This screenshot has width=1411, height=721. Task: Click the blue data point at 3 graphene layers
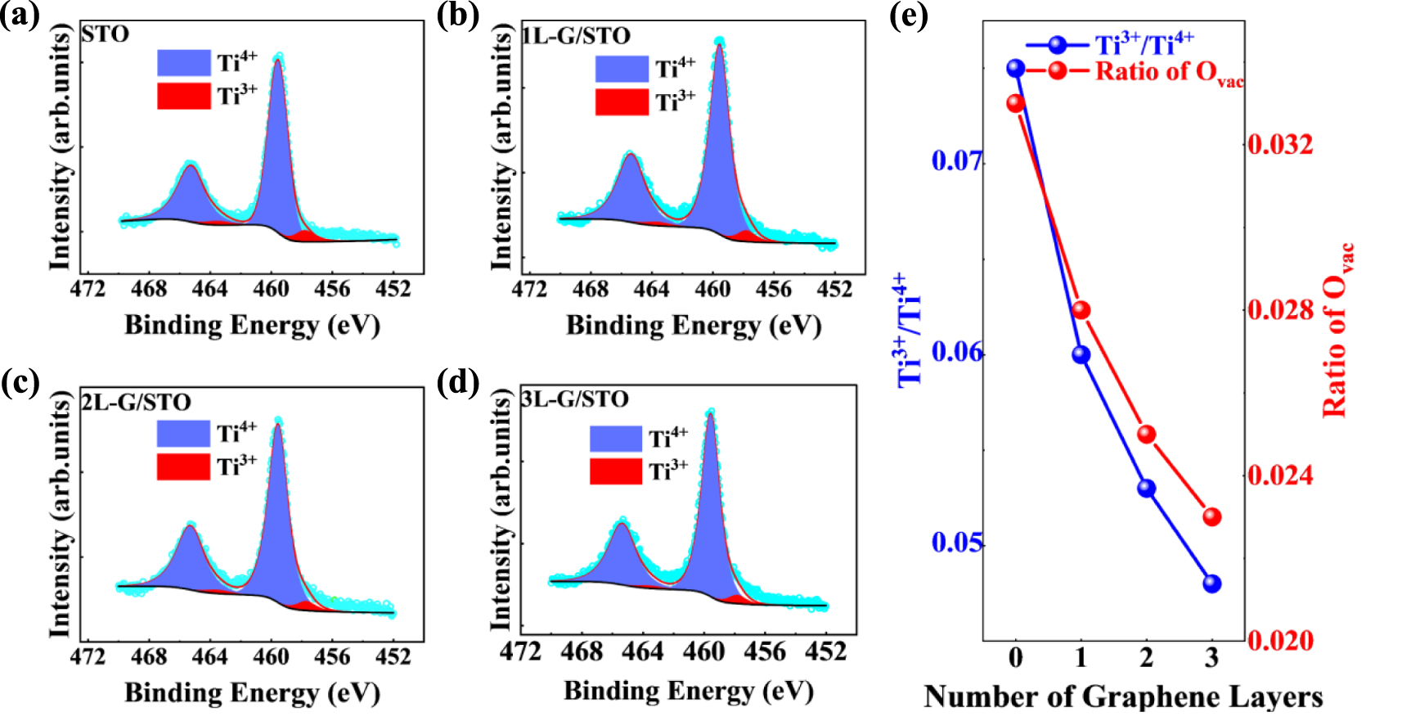pos(1211,584)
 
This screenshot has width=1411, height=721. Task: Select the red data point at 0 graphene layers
pos(1016,103)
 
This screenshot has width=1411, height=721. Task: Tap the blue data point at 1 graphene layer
pos(1081,354)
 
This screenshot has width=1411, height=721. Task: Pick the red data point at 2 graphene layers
pos(1146,434)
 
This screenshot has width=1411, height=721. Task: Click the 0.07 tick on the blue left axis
pos(957,160)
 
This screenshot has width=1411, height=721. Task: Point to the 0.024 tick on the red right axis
pos(1280,475)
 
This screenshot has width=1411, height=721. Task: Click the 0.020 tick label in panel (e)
pos(1280,641)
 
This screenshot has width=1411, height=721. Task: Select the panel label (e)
pos(908,16)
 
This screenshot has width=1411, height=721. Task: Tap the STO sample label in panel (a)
pos(106,34)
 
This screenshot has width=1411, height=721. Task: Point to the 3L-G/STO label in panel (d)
pos(576,399)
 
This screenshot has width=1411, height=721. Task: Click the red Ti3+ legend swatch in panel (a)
pos(184,96)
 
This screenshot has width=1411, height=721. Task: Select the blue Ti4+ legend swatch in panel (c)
pos(183,433)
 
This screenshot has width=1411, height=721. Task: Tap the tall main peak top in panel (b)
pos(719,41)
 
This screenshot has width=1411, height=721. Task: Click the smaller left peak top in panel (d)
pos(622,520)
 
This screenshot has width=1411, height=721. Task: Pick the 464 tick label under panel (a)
pos(210,290)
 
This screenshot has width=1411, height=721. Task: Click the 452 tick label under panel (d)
pos(826,651)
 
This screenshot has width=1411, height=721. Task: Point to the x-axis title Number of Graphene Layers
pos(1123,697)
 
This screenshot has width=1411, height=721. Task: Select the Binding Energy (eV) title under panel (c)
pos(252,693)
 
